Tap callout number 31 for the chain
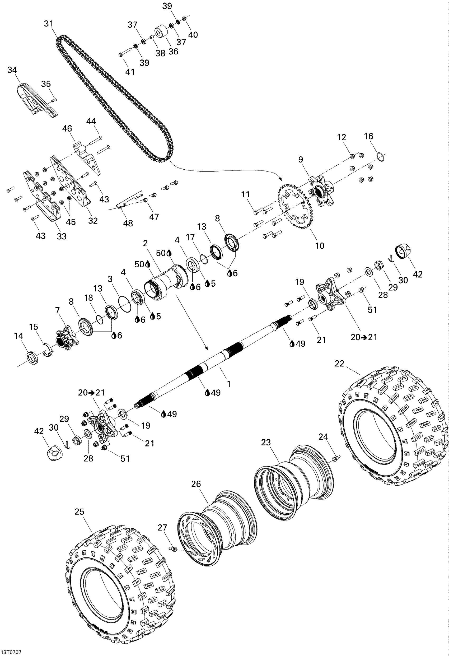[49, 24]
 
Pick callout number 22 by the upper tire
[339, 363]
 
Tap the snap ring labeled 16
[380, 156]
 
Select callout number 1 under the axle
[228, 384]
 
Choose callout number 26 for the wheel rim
[196, 484]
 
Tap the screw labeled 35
[54, 99]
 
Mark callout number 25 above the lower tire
[79, 512]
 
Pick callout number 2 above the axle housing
[145, 243]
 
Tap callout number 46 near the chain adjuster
[67, 128]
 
